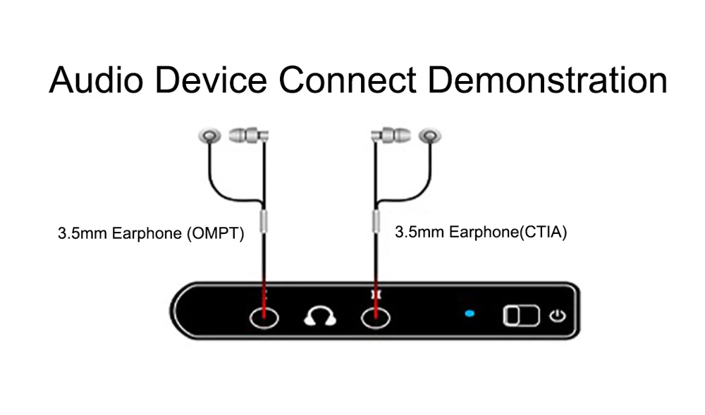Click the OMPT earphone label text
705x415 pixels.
point(151,233)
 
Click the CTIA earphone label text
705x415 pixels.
point(481,232)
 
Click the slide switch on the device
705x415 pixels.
point(520,316)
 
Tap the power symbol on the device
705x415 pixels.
point(558,315)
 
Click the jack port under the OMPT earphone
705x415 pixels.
point(264,317)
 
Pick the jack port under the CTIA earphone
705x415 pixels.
point(375,317)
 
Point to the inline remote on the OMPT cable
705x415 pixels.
point(264,221)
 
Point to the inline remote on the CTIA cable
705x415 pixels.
point(375,221)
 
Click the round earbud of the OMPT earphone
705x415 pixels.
point(209,135)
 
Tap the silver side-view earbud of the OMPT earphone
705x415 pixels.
point(248,134)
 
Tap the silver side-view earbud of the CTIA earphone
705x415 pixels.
point(390,134)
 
